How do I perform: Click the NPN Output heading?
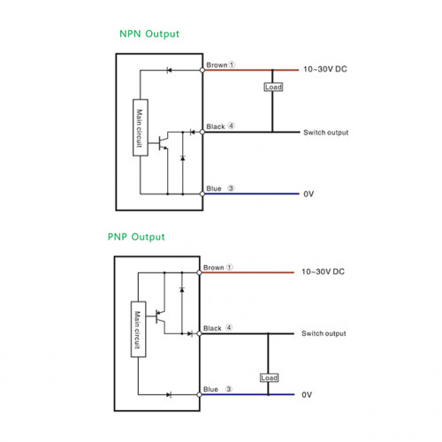point(149,34)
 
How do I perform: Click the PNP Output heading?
point(136,237)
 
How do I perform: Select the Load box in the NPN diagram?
point(273,87)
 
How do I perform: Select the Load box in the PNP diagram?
point(269,377)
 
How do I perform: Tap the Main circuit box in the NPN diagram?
point(141,127)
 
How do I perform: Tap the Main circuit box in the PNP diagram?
point(138,329)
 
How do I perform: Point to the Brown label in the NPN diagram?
point(217,65)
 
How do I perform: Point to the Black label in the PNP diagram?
point(212,328)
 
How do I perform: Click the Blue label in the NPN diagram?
point(214,188)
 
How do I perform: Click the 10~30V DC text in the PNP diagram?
point(323,271)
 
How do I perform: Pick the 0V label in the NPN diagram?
point(309,194)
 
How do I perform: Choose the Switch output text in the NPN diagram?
point(326,133)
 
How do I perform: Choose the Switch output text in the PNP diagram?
point(324,333)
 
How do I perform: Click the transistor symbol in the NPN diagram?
point(163,143)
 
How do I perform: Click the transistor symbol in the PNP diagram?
point(160,316)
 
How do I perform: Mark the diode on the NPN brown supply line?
point(169,70)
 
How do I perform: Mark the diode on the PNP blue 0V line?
point(169,395)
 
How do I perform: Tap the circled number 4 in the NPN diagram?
point(232,126)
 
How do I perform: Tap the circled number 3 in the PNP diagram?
point(229,389)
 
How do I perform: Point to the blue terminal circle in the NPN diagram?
point(202,194)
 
